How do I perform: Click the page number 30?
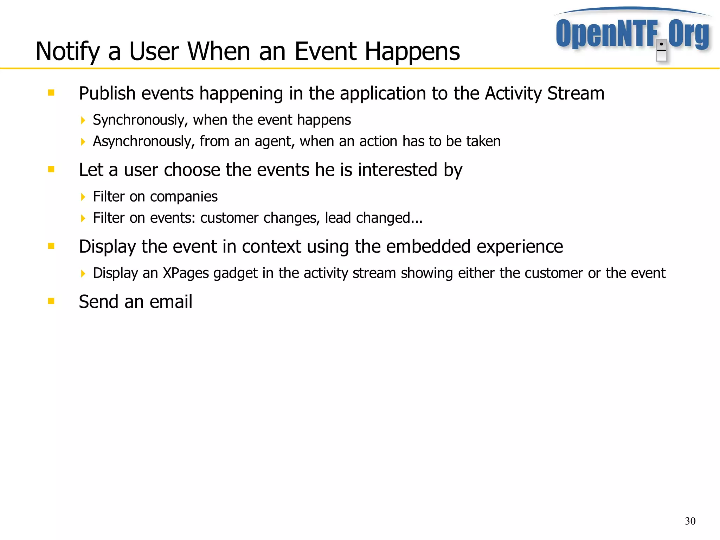point(690,521)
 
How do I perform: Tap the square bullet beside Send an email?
point(51,301)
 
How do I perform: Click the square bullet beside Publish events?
point(51,93)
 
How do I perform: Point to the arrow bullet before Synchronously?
point(83,121)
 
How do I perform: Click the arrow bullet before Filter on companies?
point(83,197)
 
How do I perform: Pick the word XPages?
point(186,273)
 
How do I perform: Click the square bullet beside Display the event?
point(51,246)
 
